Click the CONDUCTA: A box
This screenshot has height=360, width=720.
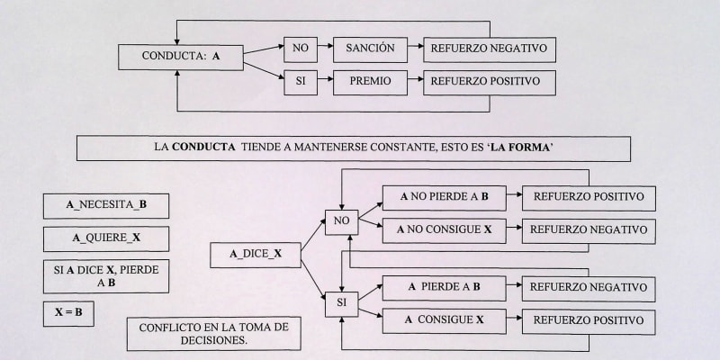point(180,56)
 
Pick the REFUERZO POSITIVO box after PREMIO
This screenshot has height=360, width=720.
point(489,82)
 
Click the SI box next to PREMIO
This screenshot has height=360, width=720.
point(301,82)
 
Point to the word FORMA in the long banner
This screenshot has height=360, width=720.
point(552,147)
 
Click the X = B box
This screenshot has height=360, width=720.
point(68,313)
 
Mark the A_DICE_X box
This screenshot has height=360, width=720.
point(256,255)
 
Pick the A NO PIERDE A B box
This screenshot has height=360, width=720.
point(442,198)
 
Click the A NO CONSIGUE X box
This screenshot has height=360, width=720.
point(442,230)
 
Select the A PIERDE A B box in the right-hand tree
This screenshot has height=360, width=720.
point(442,287)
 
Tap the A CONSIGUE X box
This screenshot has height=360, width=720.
point(442,320)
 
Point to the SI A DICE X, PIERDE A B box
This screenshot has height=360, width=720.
point(106,275)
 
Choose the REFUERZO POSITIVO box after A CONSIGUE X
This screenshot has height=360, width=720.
point(589,320)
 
